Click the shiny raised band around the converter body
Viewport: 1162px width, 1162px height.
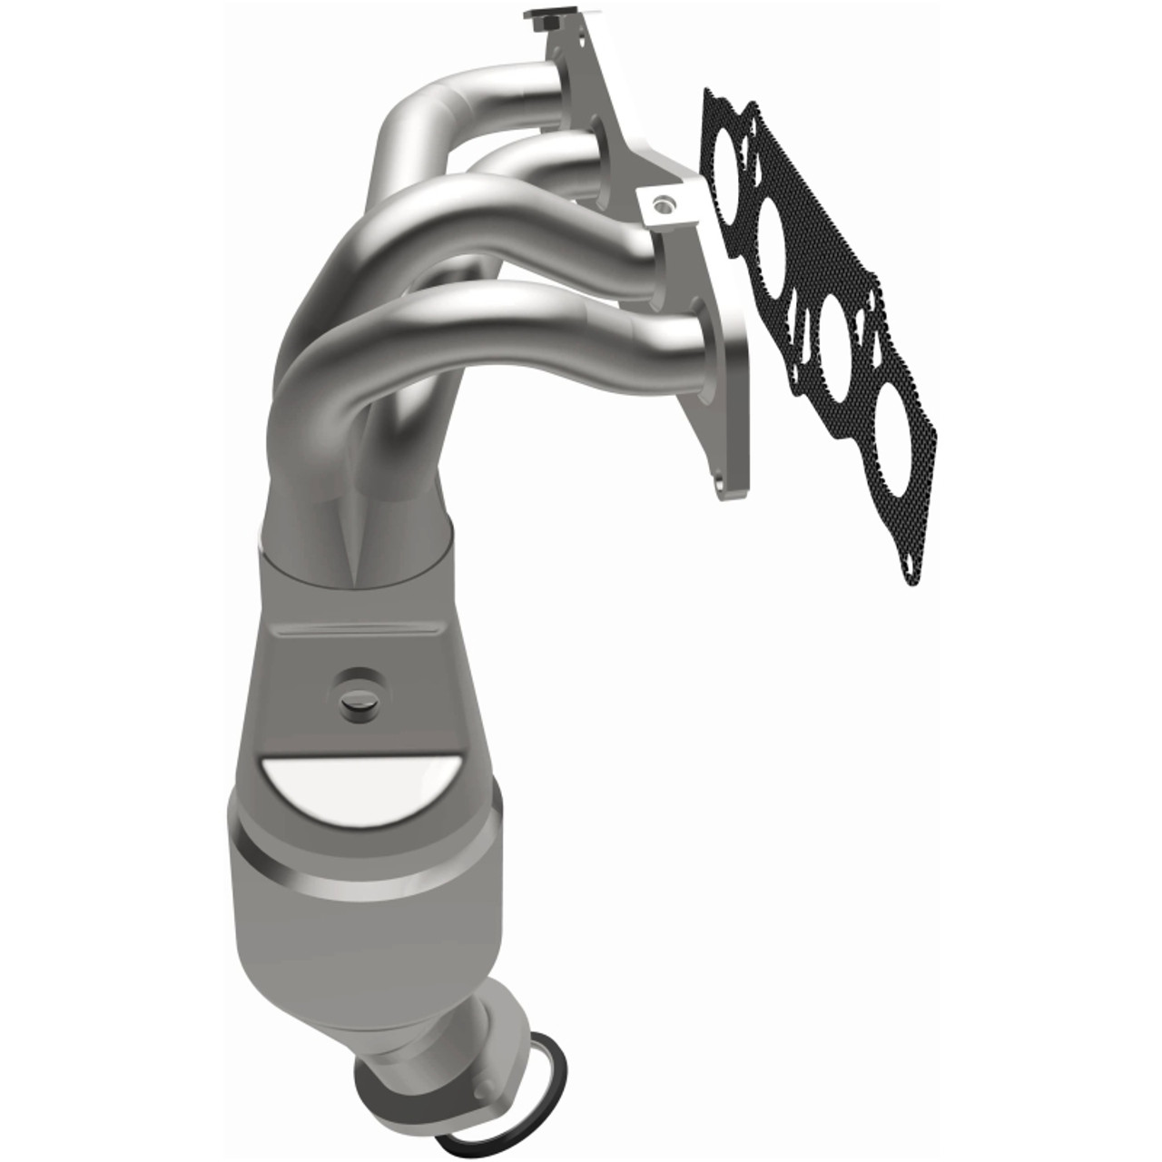[x=363, y=871]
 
